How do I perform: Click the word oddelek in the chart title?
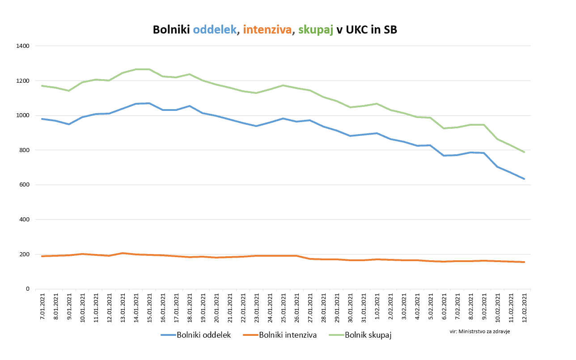215,30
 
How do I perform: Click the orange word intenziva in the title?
267,30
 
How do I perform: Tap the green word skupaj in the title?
316,30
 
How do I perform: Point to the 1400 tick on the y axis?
22,46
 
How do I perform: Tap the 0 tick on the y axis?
27,289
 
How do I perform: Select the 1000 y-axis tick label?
22,115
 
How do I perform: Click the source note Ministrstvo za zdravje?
479,331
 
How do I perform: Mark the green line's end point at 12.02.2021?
524,152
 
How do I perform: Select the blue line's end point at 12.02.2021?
524,179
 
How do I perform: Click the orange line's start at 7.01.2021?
42,256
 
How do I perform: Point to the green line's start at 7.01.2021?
42,85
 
